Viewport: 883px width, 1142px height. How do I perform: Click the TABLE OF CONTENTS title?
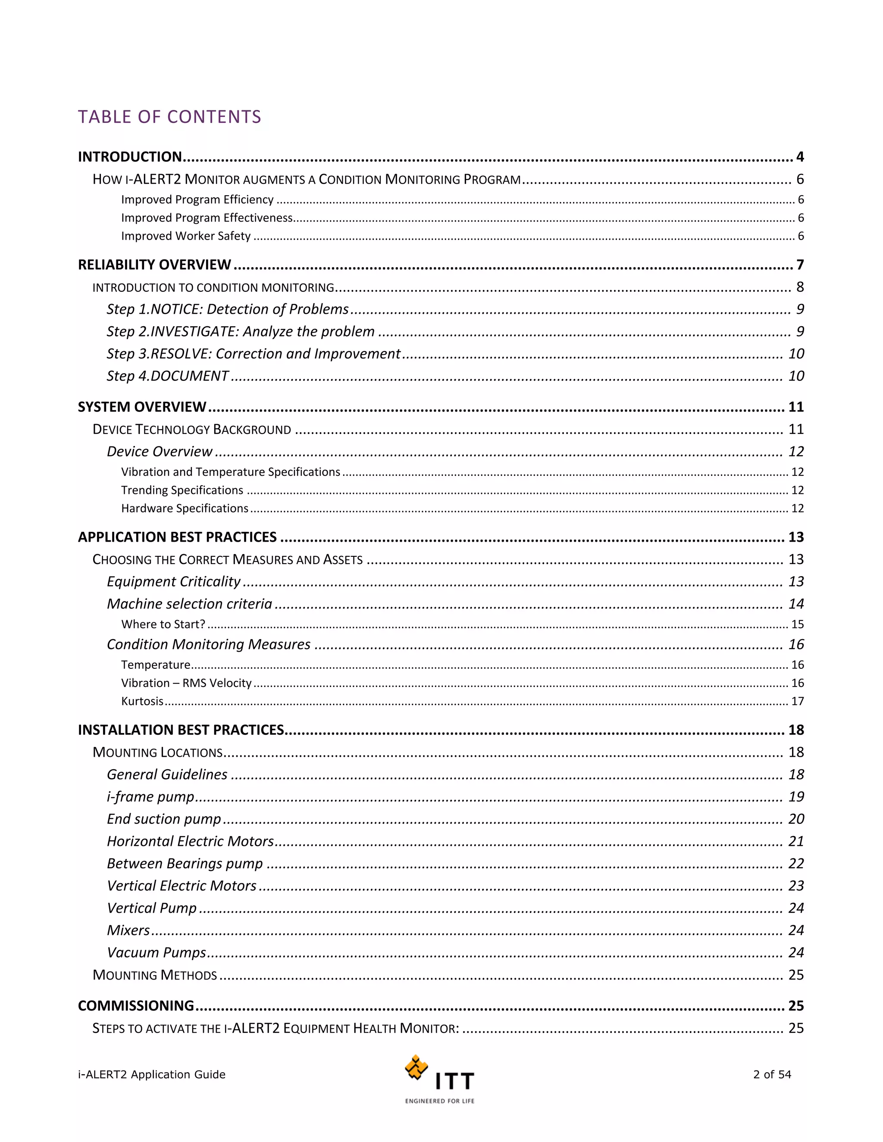click(x=169, y=117)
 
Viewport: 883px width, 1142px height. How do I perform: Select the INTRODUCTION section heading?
click(x=130, y=157)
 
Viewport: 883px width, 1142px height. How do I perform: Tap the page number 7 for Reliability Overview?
click(x=800, y=265)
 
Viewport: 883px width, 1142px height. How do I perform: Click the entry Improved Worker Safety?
click(x=186, y=236)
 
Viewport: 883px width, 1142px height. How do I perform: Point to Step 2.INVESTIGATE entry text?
click(x=241, y=331)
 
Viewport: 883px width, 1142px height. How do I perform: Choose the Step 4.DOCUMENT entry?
click(x=167, y=376)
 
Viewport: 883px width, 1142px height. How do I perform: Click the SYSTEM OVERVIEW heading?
click(x=142, y=407)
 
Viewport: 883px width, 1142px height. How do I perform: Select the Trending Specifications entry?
click(x=182, y=490)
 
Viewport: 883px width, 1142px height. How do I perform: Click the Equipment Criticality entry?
click(x=174, y=581)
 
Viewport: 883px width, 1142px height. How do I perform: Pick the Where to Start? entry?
click(x=163, y=624)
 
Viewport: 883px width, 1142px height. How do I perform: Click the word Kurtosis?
click(x=142, y=701)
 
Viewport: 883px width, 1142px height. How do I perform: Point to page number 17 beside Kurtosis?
click(x=797, y=701)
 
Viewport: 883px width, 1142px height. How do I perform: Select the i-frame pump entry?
click(x=150, y=797)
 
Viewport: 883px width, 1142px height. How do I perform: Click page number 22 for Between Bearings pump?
click(x=795, y=863)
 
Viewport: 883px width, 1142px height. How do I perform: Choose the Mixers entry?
click(x=128, y=930)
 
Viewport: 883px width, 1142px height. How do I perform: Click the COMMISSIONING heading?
click(x=136, y=1005)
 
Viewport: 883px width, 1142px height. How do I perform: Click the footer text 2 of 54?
click(x=772, y=1074)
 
